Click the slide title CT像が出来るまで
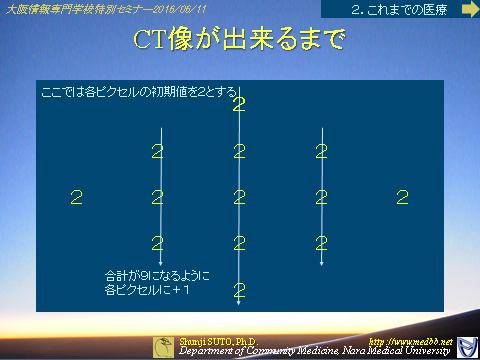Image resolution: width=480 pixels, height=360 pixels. tap(239, 41)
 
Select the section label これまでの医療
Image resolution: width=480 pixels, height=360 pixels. tap(403, 9)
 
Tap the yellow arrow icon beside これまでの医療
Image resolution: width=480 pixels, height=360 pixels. tap(467, 9)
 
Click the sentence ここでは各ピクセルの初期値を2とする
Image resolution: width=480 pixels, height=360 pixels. tap(141, 91)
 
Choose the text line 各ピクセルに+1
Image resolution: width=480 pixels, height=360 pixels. tap(147, 290)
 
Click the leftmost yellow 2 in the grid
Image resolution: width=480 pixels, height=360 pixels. tap(76, 197)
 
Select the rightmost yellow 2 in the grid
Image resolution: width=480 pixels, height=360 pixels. tap(402, 197)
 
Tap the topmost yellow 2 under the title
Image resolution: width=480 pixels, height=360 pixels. tap(238, 105)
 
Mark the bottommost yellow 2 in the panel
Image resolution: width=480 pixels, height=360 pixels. tap(238, 291)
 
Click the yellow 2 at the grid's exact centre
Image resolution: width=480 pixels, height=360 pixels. tap(238, 197)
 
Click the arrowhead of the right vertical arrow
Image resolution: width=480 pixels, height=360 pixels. tap(321, 264)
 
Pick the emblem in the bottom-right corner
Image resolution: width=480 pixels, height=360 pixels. tap(465, 346)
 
